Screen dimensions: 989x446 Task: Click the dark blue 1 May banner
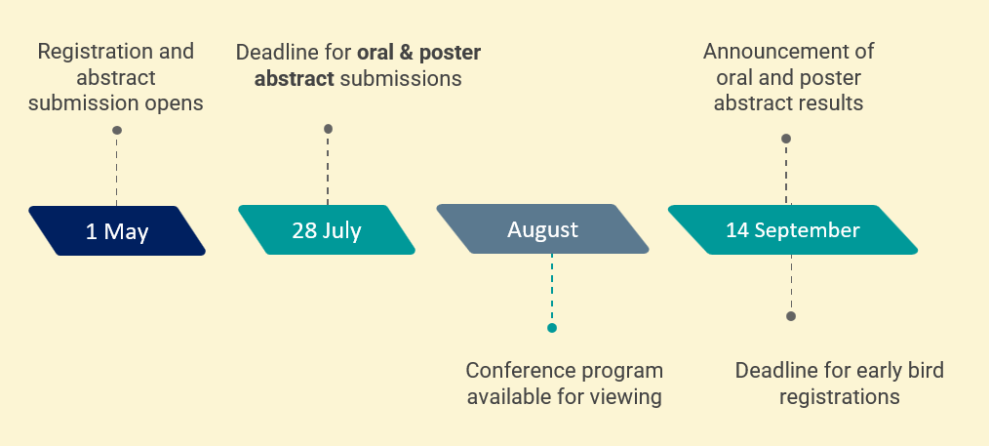tap(117, 231)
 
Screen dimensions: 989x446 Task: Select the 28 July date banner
tap(326, 230)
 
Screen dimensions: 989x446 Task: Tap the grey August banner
tap(542, 229)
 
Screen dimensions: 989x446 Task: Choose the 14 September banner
tap(792, 229)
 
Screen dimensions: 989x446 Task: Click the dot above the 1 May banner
tap(117, 131)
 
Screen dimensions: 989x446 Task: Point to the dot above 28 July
tap(328, 130)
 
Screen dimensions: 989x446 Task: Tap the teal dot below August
tap(552, 328)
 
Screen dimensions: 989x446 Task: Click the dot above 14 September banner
tap(786, 139)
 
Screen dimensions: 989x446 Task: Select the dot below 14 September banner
tap(791, 316)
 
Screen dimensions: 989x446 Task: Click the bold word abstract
tap(294, 79)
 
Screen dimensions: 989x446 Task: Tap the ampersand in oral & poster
tap(408, 53)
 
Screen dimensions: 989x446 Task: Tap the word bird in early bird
tap(924, 370)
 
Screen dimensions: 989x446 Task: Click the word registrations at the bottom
tap(839, 397)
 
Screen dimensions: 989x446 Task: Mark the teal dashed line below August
tap(552, 289)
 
